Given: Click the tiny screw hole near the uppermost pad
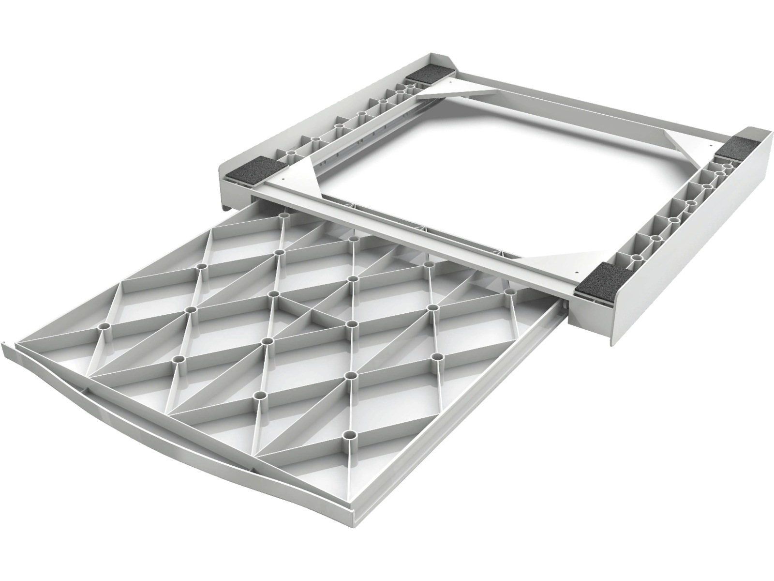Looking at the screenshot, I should (449, 83).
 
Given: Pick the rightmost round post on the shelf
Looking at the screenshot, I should (511, 292).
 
